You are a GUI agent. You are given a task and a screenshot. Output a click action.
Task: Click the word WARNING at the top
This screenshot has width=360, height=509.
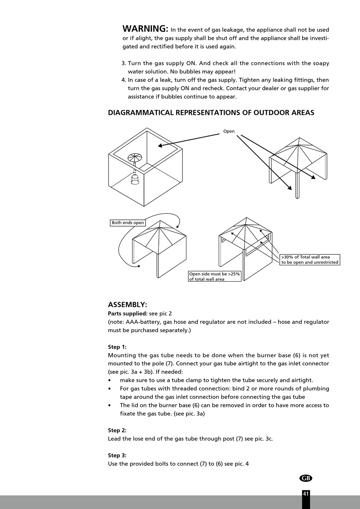pos(145,29)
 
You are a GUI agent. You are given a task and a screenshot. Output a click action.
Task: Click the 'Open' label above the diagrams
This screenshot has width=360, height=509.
pos(229,132)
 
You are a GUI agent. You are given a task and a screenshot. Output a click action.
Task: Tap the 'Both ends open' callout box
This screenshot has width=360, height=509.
pos(128,223)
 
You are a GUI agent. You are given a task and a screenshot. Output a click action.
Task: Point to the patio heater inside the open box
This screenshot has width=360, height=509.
pos(135,167)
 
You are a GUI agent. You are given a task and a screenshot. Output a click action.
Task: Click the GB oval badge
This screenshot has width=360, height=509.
pos(306,478)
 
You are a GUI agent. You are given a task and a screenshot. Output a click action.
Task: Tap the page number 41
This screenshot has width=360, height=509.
pos(306,493)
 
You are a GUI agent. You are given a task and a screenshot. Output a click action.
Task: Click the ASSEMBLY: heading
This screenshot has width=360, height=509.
pos(127,305)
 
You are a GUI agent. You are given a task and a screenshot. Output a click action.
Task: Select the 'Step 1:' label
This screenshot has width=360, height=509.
pos(117,347)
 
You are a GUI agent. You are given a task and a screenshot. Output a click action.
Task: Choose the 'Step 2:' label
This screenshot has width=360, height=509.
pos(117,430)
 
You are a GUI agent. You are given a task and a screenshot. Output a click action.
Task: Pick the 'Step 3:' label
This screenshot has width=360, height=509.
pos(117,455)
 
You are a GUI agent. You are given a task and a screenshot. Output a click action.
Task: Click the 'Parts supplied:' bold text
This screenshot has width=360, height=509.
pos(128,313)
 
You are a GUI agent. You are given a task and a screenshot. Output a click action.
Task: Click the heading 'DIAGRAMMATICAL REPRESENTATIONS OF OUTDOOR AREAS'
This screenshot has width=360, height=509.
pos(211,113)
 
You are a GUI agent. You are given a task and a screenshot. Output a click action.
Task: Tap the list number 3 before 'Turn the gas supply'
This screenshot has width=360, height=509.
pos(124,63)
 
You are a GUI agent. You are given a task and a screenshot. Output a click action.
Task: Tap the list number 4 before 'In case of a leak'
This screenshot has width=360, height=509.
pos(124,80)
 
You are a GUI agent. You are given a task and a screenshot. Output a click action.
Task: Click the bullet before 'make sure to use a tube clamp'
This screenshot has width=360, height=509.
pos(110,380)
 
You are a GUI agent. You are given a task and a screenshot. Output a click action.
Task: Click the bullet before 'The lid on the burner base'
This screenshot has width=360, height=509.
pos(110,405)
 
